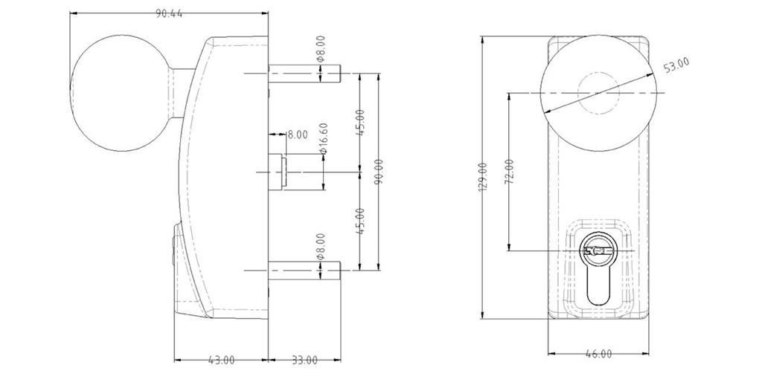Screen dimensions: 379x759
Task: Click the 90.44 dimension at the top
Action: [169, 14]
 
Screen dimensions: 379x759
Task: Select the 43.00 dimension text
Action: [221, 360]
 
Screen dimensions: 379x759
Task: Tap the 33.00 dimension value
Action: [304, 360]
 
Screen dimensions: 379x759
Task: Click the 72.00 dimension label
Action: [510, 172]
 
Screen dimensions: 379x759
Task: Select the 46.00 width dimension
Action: [599, 354]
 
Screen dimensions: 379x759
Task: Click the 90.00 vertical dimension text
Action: [379, 172]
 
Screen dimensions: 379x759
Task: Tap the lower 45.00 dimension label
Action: [360, 221]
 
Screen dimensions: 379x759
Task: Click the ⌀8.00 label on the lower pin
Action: [321, 247]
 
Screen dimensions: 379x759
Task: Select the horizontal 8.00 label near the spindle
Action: [297, 135]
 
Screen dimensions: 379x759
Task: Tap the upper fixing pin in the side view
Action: [305, 73]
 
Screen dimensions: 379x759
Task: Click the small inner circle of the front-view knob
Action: [598, 94]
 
